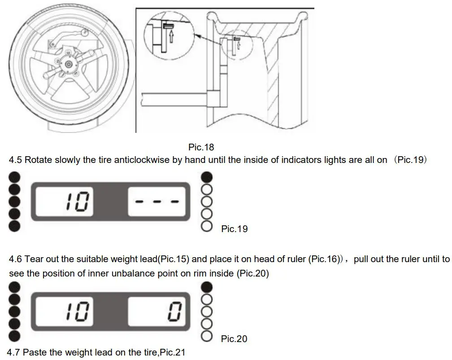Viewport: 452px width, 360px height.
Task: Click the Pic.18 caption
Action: click(x=201, y=147)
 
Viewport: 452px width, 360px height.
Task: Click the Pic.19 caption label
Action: click(x=234, y=229)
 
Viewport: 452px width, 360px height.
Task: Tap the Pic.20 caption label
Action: click(x=234, y=339)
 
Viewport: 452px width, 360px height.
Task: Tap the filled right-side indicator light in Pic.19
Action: click(x=207, y=176)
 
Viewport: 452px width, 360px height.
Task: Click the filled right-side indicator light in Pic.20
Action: click(x=207, y=286)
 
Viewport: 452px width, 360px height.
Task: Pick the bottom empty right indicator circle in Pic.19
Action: click(x=207, y=226)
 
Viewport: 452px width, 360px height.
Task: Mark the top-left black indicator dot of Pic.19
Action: click(x=14, y=176)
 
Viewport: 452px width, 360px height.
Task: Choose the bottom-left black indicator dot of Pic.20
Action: click(x=14, y=336)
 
